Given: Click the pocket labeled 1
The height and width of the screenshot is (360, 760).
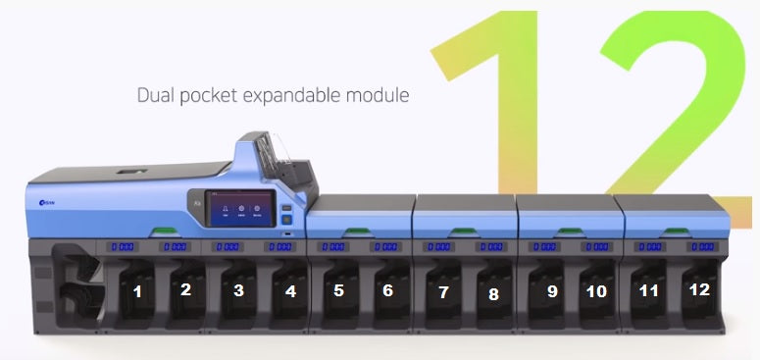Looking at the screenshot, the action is pos(138,291).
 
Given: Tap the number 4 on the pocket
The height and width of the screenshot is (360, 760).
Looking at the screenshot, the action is pos(290,290).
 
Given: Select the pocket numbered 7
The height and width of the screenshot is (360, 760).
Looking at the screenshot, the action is pos(443,292).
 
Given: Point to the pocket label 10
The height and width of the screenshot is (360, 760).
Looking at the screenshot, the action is pos(596,291).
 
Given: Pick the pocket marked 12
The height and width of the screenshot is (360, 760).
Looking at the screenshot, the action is pos(698,290).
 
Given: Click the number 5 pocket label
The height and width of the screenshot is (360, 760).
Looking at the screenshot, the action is pos(339,290).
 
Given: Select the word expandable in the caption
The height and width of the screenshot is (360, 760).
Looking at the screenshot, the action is pos(294,96).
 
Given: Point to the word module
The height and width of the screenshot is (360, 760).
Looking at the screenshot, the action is pos(378,96).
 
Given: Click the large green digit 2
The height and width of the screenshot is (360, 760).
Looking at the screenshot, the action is pos(677,98).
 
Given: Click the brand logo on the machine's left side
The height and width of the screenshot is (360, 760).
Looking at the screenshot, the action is pos(45,201).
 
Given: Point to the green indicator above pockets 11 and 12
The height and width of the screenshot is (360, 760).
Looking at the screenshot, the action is pos(673,232).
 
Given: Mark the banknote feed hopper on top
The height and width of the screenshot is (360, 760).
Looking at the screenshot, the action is pos(284,162).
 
